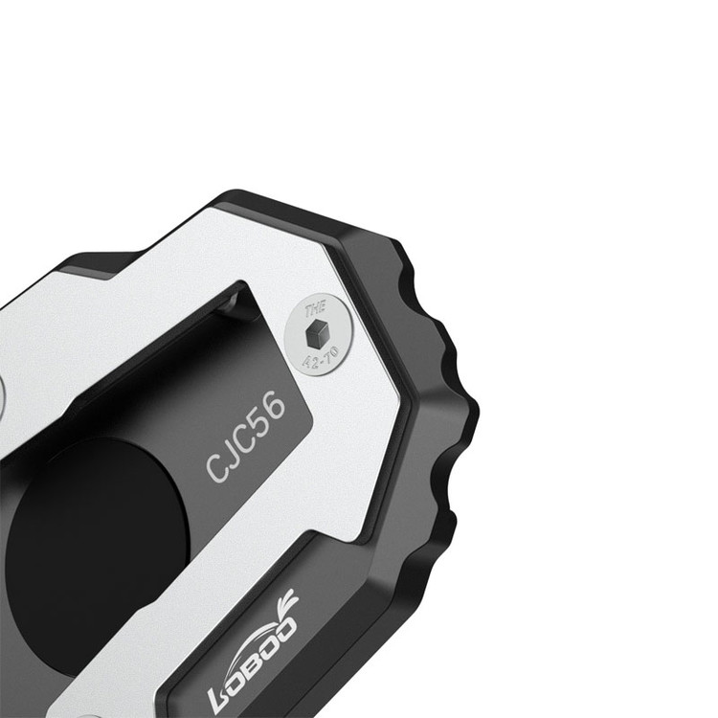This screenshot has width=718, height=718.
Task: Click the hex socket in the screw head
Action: [316, 333]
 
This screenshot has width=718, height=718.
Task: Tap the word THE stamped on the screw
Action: [316, 308]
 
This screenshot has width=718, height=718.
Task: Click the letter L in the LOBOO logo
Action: [222, 697]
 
